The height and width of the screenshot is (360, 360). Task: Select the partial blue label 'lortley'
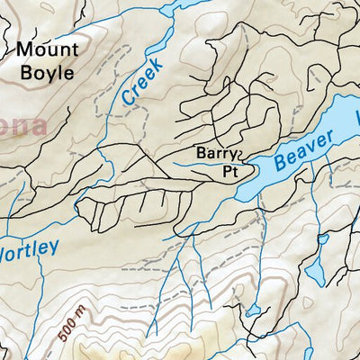coord(29,246)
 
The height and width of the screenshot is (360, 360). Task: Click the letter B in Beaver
coord(280,164)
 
